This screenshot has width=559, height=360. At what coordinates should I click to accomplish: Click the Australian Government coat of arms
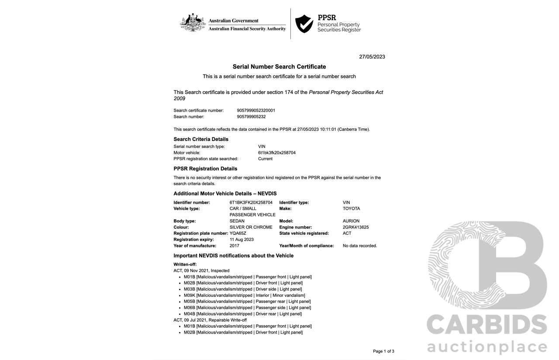coord(193,23)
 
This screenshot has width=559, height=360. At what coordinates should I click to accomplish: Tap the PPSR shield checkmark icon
coord(304,24)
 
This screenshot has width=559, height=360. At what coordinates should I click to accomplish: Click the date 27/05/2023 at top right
coord(372,57)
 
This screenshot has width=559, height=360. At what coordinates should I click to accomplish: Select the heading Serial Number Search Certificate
coord(279,67)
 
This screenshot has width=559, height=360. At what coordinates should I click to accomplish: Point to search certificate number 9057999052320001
coord(256,110)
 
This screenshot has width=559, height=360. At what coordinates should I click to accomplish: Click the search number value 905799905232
coord(251,117)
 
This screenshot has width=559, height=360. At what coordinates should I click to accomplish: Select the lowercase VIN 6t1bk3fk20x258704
coord(276,153)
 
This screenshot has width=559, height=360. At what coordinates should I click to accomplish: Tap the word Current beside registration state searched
coord(265,159)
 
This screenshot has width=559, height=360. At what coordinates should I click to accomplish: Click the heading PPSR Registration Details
coord(205,168)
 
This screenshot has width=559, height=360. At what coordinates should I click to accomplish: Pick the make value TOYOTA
coord(351,209)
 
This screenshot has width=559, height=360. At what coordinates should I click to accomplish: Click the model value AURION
coord(351,221)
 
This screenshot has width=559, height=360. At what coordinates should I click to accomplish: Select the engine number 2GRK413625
coord(355,227)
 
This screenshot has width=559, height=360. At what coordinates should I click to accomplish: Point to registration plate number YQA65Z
coord(238,233)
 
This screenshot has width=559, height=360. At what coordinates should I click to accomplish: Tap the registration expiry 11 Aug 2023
coord(242,240)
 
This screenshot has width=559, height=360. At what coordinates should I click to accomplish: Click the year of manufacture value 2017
coord(235,246)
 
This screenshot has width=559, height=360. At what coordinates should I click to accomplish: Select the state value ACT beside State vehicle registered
coord(347,233)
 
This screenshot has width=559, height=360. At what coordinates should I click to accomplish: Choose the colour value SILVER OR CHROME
coord(251,227)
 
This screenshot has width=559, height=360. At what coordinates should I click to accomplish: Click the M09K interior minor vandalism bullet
coord(244,295)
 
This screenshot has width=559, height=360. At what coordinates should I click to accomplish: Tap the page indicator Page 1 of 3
coord(383,351)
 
